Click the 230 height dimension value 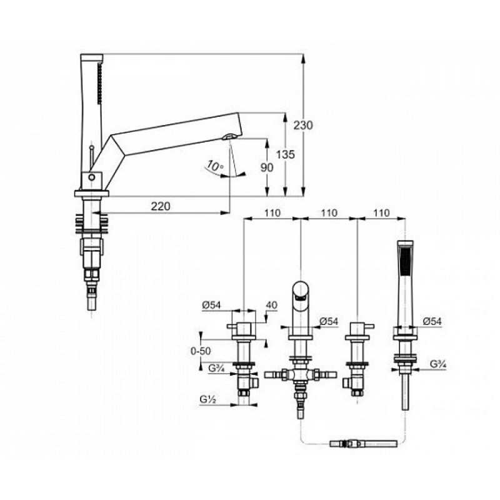pyautogui.click(x=303, y=124)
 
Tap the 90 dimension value pyautogui.click(x=267, y=168)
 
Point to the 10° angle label pyautogui.click(x=215, y=167)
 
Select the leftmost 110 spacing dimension pyautogui.click(x=271, y=213)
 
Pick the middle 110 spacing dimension pyautogui.click(x=328, y=213)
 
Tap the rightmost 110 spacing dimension pyautogui.click(x=381, y=213)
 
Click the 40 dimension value pyautogui.click(x=271, y=306)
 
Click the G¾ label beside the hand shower pyautogui.click(x=437, y=362)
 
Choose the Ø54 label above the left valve pyautogui.click(x=212, y=306)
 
